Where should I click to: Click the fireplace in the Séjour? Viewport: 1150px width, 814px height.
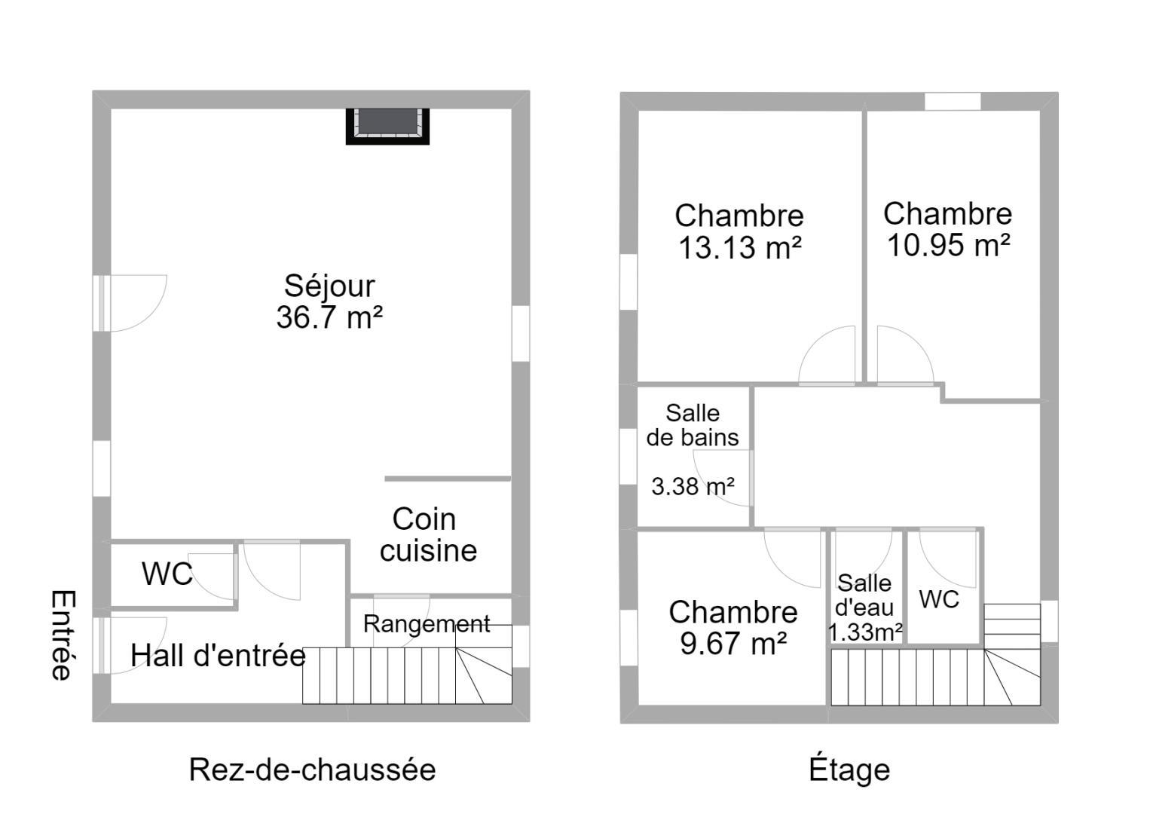(x=387, y=126)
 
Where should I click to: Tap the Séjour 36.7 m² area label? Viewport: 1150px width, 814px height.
(x=329, y=301)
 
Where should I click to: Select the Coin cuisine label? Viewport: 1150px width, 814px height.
(x=427, y=534)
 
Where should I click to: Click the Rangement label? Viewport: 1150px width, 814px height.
(x=426, y=624)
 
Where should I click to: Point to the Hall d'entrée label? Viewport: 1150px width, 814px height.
(x=218, y=656)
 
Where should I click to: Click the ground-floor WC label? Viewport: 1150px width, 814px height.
(x=167, y=574)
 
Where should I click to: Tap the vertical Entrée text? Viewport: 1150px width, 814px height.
(x=63, y=635)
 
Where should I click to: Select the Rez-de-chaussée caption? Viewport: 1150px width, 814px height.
(x=312, y=770)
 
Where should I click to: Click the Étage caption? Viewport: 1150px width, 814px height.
(x=849, y=769)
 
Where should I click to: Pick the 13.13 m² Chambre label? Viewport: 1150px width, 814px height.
(x=739, y=231)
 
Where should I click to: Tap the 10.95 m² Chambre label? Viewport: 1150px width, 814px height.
(x=948, y=229)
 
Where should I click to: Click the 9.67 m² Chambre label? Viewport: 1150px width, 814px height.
(x=733, y=627)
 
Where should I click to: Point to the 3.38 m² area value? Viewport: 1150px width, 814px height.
(x=693, y=486)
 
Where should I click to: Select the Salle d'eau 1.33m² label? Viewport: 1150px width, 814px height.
(x=864, y=607)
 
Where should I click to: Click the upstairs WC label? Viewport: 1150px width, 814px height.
(x=939, y=599)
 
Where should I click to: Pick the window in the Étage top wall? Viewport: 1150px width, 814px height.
(x=953, y=101)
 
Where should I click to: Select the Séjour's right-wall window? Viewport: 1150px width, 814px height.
(x=521, y=333)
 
